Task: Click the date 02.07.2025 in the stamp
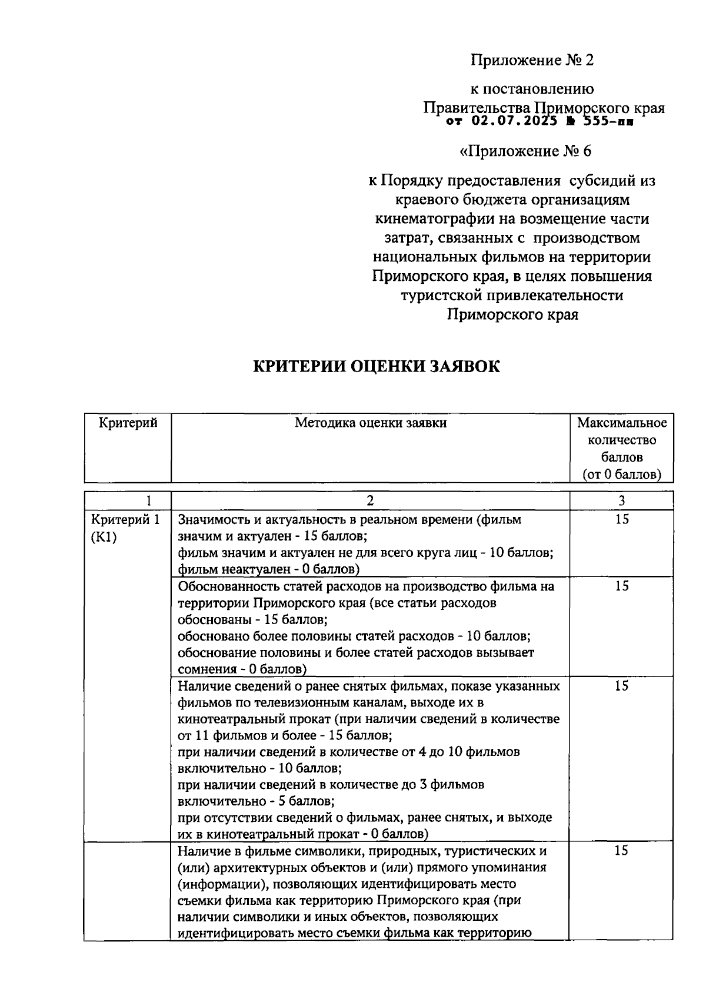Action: tap(514, 122)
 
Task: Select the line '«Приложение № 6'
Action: tap(525, 151)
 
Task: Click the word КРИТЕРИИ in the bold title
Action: tap(299, 366)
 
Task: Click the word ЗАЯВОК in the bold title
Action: tap(462, 366)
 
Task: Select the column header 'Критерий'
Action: tap(128, 423)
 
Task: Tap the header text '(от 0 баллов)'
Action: tap(622, 474)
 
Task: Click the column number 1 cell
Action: tap(149, 501)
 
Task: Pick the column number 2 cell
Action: tap(370, 501)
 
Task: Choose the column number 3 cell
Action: tap(622, 501)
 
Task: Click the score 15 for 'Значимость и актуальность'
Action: tap(622, 519)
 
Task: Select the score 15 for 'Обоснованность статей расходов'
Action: tap(622, 586)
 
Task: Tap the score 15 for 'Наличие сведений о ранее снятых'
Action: tap(622, 686)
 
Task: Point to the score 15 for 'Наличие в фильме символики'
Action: tap(622, 851)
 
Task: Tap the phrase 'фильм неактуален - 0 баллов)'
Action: tap(269, 569)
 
